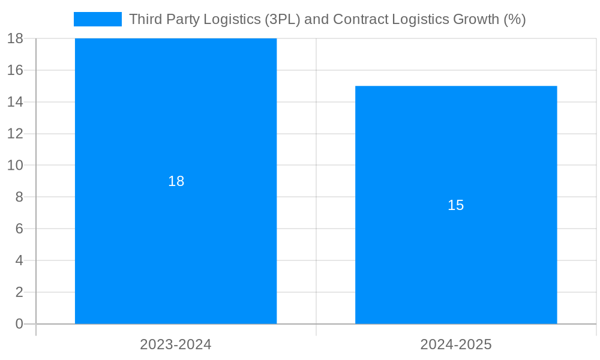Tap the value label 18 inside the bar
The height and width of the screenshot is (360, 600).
point(176,181)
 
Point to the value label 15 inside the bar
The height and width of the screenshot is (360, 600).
point(456,205)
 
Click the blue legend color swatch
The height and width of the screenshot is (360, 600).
point(97,19)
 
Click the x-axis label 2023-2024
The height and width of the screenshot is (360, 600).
point(176,344)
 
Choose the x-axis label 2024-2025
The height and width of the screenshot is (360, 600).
point(456,344)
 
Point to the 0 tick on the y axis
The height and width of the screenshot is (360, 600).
point(19,324)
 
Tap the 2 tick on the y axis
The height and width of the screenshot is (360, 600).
point(19,292)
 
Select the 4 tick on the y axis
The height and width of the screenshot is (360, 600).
point(19,260)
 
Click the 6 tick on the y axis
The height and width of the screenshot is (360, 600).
point(19,229)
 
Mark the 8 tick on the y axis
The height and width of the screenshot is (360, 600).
point(19,197)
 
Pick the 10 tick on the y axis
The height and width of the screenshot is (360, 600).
point(15,165)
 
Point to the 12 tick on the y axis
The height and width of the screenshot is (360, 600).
point(15,133)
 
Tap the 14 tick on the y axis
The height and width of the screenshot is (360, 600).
point(15,102)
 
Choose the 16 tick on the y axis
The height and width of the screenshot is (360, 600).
point(15,70)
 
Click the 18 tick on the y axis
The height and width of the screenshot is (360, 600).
point(15,38)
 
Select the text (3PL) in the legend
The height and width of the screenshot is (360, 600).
point(283,19)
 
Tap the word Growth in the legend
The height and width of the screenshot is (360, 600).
point(476,19)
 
